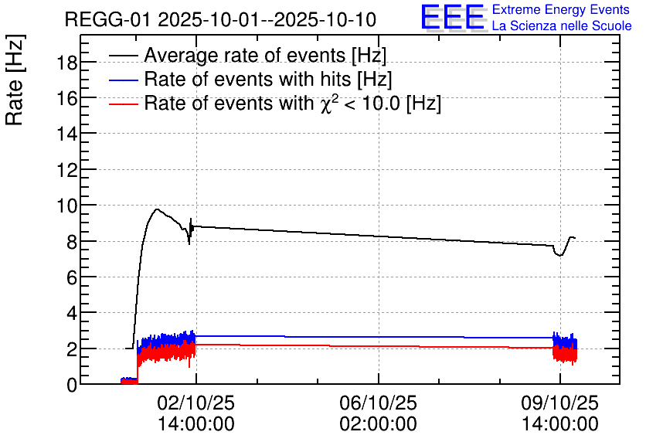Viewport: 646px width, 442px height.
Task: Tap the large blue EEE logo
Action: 453,18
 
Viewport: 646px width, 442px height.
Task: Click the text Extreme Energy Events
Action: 560,10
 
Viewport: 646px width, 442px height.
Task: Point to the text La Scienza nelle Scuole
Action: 562,26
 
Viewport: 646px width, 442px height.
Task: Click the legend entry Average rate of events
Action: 265,56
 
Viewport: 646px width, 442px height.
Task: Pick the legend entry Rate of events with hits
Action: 268,79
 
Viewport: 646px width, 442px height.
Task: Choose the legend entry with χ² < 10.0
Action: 292,103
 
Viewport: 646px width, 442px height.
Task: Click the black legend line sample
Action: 124,56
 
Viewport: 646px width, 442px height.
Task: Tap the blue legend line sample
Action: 124,80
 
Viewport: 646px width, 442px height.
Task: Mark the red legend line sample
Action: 124,104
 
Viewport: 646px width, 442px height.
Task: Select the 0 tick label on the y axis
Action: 71,385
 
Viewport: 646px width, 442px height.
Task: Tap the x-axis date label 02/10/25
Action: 195,404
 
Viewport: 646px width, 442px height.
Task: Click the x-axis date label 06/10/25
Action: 378,404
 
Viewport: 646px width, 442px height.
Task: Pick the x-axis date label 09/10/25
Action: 559,404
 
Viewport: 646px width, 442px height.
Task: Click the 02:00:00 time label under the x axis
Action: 378,424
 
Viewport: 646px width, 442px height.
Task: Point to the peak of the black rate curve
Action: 157,209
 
